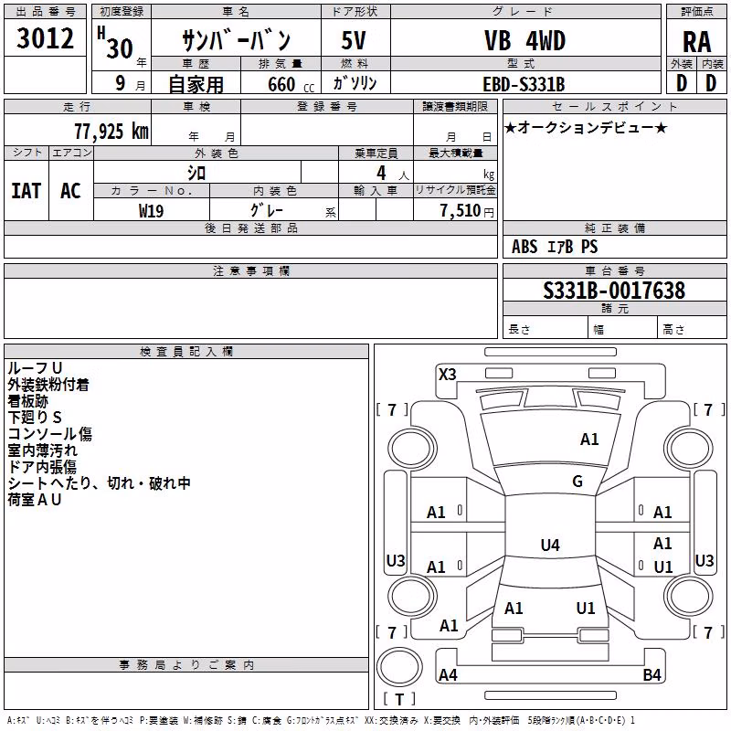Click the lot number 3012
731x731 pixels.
pyautogui.click(x=45, y=38)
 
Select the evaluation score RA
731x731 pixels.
pyautogui.click(x=696, y=42)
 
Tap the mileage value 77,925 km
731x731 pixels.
pyautogui.click(x=111, y=132)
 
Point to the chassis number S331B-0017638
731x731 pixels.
pyautogui.click(x=614, y=291)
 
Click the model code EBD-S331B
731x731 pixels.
pyautogui.click(x=524, y=84)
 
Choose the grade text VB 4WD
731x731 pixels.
pyautogui.click(x=524, y=40)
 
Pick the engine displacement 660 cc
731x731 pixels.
pyautogui.click(x=291, y=84)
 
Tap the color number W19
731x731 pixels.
pyautogui.click(x=151, y=211)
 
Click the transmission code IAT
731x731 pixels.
pyautogui.click(x=26, y=191)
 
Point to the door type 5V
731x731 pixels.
pyautogui.click(x=354, y=40)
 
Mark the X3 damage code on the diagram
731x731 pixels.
pyautogui.click(x=447, y=375)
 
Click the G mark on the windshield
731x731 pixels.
pyautogui.click(x=577, y=482)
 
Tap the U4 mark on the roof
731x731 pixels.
pyautogui.click(x=550, y=545)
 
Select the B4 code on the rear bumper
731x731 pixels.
pyautogui.click(x=652, y=674)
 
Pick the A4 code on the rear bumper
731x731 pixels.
pyautogui.click(x=448, y=674)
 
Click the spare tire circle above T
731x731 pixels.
pyautogui.click(x=399, y=667)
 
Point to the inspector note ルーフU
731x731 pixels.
pyautogui.click(x=35, y=368)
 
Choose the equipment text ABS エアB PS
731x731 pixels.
pyautogui.click(x=555, y=247)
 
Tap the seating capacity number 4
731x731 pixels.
pyautogui.click(x=381, y=173)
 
